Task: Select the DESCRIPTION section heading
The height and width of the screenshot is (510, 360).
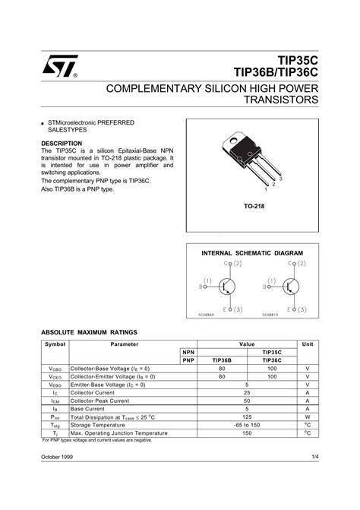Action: [62, 143]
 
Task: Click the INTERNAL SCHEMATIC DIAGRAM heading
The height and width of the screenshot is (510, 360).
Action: [252, 252]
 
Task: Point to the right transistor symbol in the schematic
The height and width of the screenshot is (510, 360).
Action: [290, 286]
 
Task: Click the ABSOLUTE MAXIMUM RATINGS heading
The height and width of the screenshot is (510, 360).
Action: [90, 334]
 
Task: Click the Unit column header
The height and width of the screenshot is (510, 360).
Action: [308, 344]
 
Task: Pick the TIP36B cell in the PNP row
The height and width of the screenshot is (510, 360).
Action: [223, 360]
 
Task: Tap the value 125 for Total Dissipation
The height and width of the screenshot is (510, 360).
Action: [247, 417]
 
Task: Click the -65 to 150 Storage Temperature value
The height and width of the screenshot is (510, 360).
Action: [247, 425]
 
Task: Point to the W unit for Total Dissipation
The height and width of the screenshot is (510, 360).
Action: [308, 417]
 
